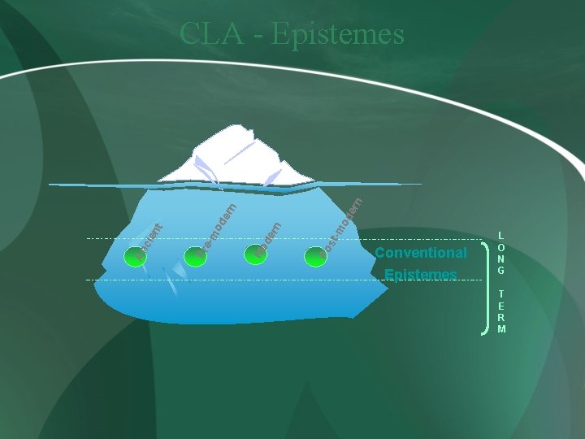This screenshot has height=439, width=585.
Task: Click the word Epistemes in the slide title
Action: point(338,34)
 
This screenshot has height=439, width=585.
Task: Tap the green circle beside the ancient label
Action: point(133,257)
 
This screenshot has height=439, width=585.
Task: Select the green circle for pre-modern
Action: point(197,254)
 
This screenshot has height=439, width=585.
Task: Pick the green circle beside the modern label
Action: point(254,253)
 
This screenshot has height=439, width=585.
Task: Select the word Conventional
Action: point(421,253)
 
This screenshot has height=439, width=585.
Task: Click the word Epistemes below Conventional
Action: point(421,275)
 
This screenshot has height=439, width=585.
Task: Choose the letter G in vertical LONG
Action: point(501,271)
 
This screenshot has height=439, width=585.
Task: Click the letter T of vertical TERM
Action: point(501,294)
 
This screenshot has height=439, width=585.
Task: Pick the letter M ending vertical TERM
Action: point(501,329)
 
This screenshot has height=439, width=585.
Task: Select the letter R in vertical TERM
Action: point(501,318)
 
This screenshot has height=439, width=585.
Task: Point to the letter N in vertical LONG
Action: point(501,259)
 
